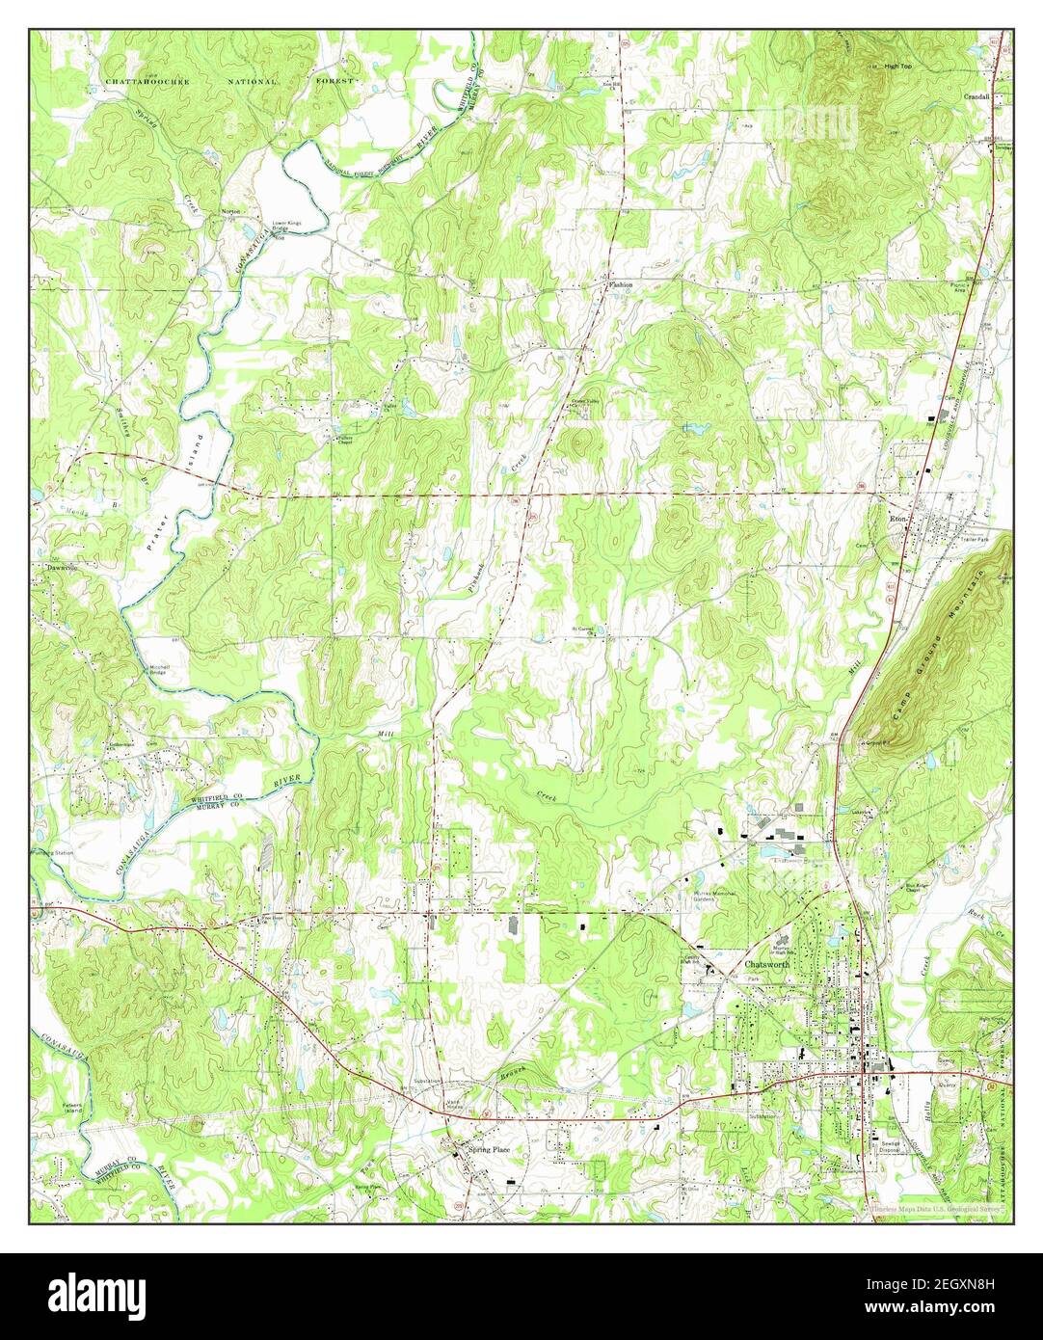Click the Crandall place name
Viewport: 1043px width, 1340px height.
[x=977, y=97]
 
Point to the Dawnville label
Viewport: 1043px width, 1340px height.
[x=60, y=567]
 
